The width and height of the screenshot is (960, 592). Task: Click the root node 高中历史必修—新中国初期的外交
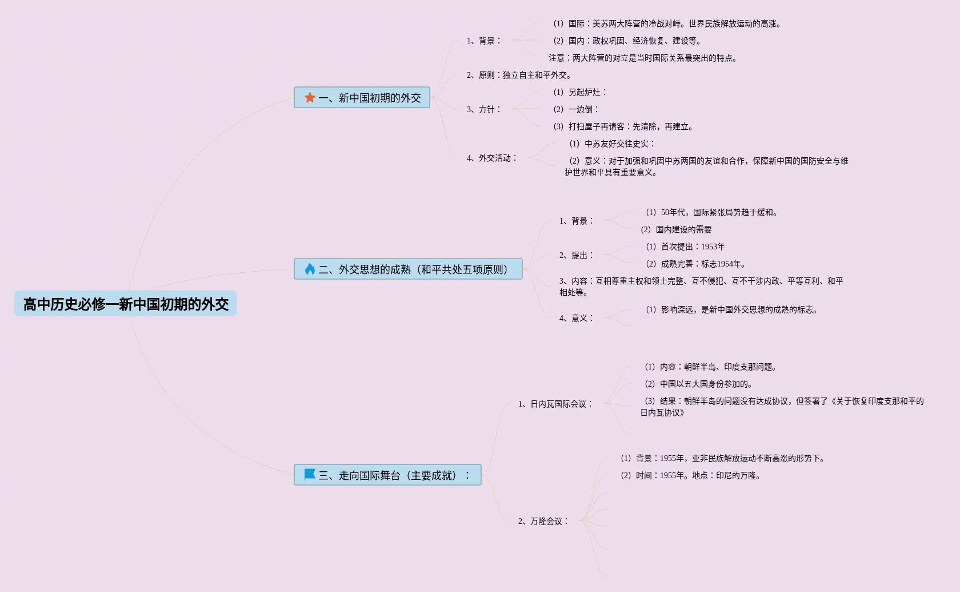pyautogui.click(x=126, y=304)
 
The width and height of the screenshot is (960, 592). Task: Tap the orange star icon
pyautogui.click(x=310, y=98)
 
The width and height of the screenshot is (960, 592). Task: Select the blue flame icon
pyautogui.click(x=310, y=269)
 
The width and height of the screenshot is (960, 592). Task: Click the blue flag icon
pyautogui.click(x=310, y=475)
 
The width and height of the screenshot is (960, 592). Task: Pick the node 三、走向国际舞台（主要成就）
pyautogui.click(x=394, y=475)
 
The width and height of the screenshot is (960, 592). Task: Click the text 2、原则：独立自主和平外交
pyautogui.click(x=518, y=76)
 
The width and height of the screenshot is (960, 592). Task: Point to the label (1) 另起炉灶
pyautogui.click(x=579, y=92)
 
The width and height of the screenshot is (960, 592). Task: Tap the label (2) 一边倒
pyautogui.click(x=575, y=109)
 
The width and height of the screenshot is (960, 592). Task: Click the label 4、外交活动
pyautogui.click(x=491, y=158)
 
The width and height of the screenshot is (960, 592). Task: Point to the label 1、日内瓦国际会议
pyautogui.click(x=555, y=404)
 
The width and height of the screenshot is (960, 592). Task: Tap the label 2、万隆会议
pyautogui.click(x=543, y=521)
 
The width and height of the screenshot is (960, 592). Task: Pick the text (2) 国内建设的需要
pyautogui.click(x=676, y=229)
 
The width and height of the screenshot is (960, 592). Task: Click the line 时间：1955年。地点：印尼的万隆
pyautogui.click(x=690, y=475)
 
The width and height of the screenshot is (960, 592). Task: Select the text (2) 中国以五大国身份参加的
pyautogui.click(x=698, y=384)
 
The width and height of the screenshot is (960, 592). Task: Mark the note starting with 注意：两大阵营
pyautogui.click(x=642, y=58)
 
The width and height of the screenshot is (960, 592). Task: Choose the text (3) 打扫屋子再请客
pyautogui.click(x=623, y=126)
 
